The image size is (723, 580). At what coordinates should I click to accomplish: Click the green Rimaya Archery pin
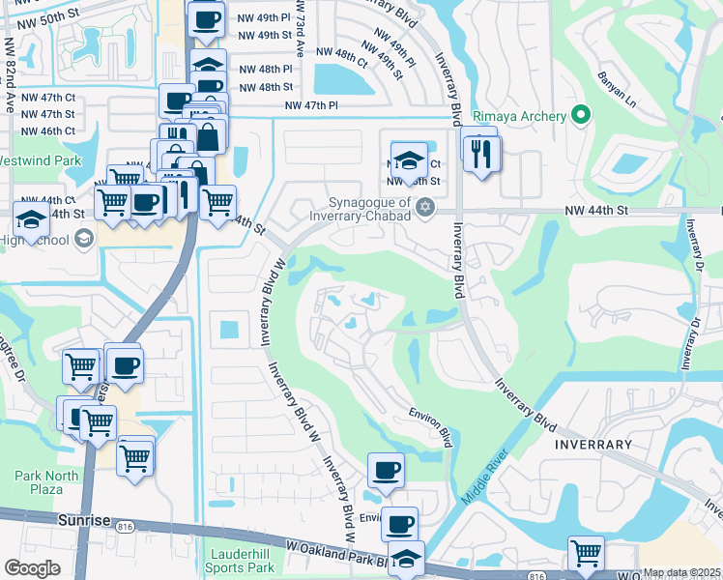click(580, 116)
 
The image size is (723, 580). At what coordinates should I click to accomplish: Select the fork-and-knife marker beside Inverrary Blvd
click(481, 151)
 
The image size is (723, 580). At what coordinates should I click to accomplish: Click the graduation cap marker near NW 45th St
click(409, 159)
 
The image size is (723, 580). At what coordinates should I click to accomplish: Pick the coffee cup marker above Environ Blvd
click(386, 471)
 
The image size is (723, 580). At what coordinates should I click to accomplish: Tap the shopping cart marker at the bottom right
click(586, 555)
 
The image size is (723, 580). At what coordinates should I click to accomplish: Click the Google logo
click(32, 568)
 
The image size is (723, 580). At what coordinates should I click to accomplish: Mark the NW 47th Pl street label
click(310, 105)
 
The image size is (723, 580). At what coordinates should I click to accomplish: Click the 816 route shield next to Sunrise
click(125, 528)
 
